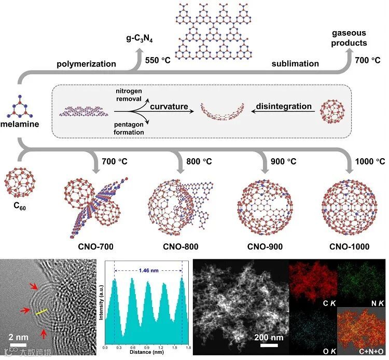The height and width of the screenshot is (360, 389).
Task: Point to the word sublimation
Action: coord(295,64)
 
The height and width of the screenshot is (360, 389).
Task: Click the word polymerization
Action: coord(86,64)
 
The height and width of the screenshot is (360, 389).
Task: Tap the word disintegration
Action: coord(284,107)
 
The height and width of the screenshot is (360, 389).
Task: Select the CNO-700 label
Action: coord(94,245)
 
